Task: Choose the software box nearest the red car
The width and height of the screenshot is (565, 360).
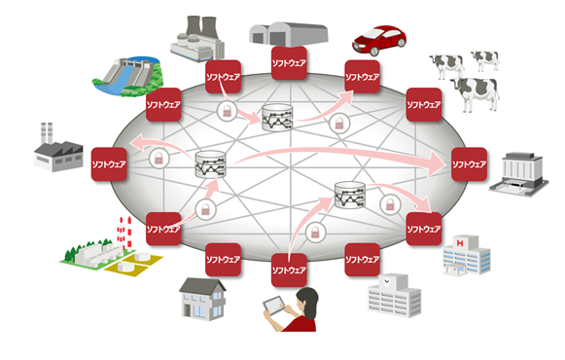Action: click(363, 75)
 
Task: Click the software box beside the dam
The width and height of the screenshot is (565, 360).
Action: click(161, 102)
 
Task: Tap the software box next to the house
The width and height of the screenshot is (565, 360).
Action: click(224, 260)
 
